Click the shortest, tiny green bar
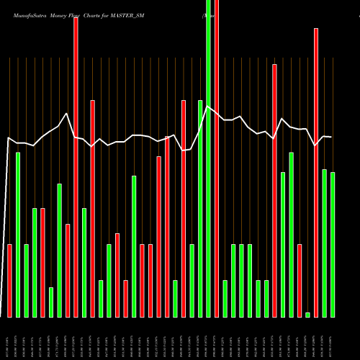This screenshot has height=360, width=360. pyautogui.click(x=307, y=315)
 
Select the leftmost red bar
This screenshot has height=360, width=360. pyautogui.click(x=9, y=280)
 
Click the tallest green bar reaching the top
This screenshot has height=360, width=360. pyautogui.click(x=208, y=158)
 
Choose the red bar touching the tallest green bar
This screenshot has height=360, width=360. pyautogui.click(x=216, y=158)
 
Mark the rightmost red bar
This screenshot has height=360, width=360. pyautogui.click(x=316, y=172)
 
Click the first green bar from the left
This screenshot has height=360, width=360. pyautogui.click(x=18, y=234)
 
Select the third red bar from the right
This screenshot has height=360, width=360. pyautogui.click(x=274, y=190)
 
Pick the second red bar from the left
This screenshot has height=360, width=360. pyautogui.click(x=42, y=262)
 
